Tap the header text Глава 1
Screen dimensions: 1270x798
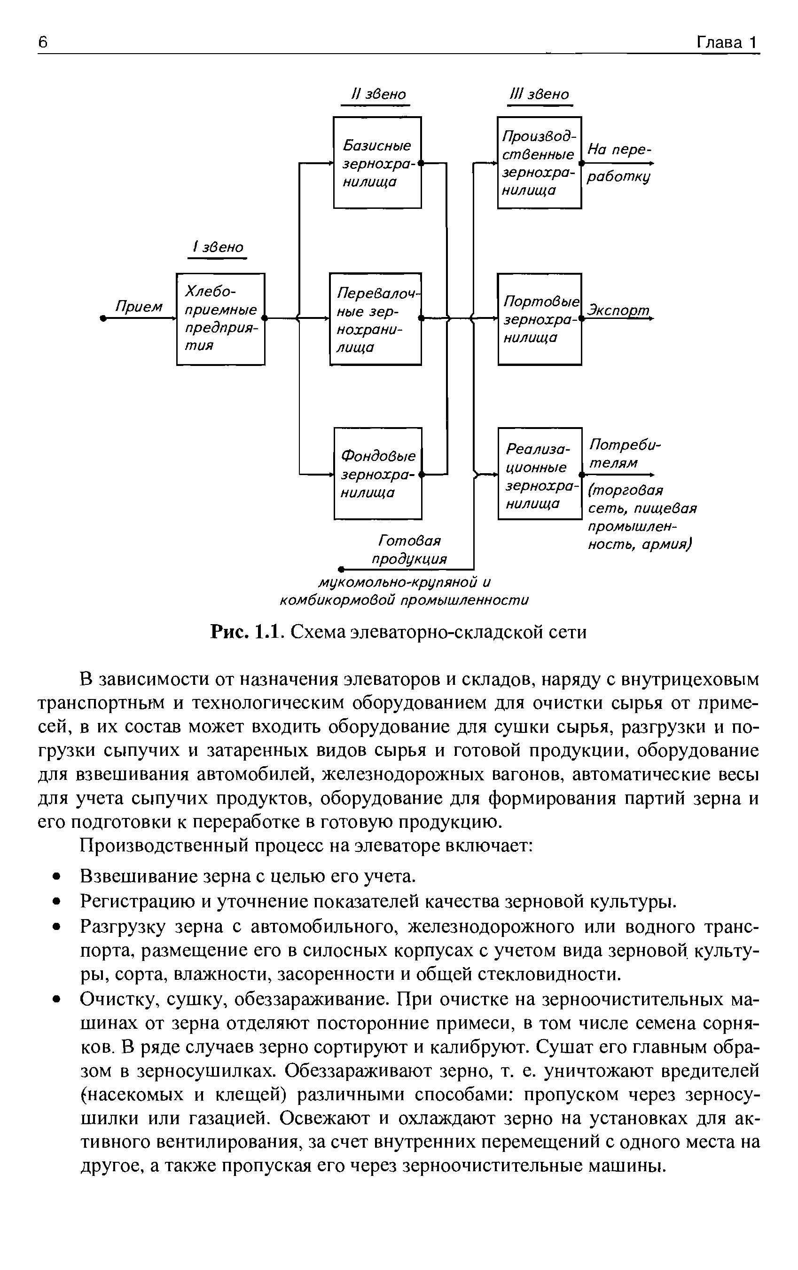coord(727,42)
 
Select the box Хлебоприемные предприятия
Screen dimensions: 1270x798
coord(220,318)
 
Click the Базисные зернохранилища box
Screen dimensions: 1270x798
coord(377,162)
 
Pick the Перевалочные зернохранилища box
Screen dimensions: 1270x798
coord(376,318)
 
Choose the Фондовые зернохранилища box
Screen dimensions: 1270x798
coord(378,473)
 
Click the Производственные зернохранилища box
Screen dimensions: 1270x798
coord(539,162)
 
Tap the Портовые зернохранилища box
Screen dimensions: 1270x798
coord(539,318)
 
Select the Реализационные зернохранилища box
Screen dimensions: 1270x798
coord(540,473)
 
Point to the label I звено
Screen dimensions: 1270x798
coord(218,247)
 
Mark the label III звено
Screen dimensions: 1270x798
coord(539,95)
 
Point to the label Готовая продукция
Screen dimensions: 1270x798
coord(409,550)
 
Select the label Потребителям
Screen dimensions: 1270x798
coord(624,453)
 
